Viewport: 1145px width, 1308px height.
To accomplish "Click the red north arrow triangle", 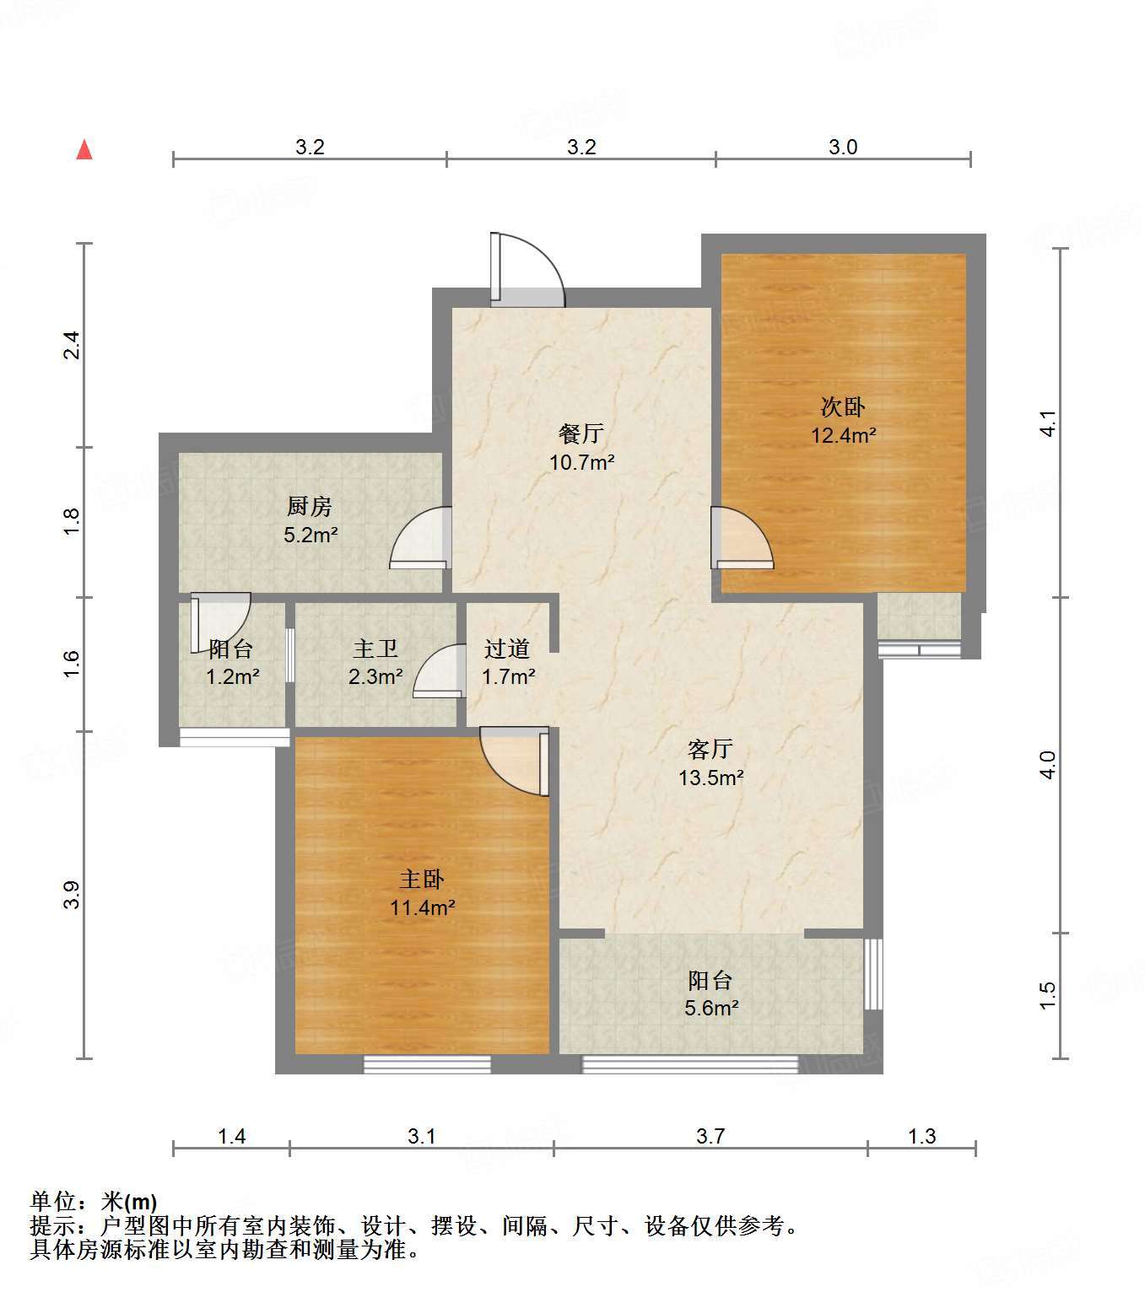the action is pyautogui.click(x=84, y=149).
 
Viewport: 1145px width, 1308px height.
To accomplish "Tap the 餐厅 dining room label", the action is pyautogui.click(x=581, y=434).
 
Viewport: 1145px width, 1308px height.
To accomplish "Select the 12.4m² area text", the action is pyautogui.click(x=843, y=435).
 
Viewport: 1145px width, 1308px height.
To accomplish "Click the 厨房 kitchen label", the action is pyautogui.click(x=310, y=506).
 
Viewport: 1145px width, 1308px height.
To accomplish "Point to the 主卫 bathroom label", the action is pyautogui.click(x=375, y=649).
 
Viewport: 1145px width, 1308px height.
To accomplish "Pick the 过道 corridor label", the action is pyautogui.click(x=507, y=649).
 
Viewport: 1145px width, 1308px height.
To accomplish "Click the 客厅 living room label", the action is pyautogui.click(x=710, y=749).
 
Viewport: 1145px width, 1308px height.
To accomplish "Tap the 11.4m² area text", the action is pyautogui.click(x=422, y=907).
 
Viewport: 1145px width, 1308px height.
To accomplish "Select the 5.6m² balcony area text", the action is pyautogui.click(x=711, y=1008).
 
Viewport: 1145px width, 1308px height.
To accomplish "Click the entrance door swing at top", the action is pyautogui.click(x=527, y=270).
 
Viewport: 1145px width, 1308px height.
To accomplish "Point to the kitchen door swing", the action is pyautogui.click(x=421, y=538).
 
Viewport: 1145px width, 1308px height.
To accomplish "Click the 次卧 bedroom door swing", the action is pyautogui.click(x=742, y=538).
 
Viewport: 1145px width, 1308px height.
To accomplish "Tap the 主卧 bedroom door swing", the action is pyautogui.click(x=515, y=762).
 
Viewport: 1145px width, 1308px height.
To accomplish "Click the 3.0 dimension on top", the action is pyautogui.click(x=842, y=147).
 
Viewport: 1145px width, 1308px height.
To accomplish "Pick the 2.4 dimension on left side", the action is pyautogui.click(x=72, y=345).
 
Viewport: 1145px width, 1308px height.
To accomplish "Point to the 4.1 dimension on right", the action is pyautogui.click(x=1047, y=423).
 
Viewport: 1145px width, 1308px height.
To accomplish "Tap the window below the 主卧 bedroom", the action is pyautogui.click(x=427, y=1064).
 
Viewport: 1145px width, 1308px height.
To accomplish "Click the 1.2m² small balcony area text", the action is pyautogui.click(x=232, y=676).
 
